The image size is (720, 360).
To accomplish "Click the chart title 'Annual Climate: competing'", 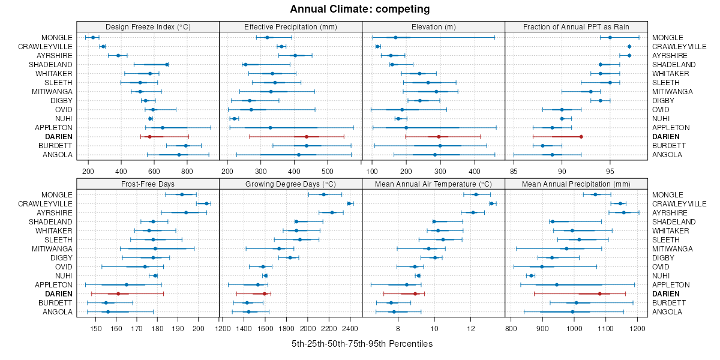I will click(360, 9).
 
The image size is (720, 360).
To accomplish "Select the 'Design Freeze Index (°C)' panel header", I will click(148, 26).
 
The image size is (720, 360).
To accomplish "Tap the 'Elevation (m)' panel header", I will click(433, 26).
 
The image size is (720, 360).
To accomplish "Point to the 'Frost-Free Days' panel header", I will click(148, 184).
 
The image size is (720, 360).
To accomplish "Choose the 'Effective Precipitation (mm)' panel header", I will click(290, 26).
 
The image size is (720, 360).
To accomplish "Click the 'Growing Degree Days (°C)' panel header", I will click(290, 184).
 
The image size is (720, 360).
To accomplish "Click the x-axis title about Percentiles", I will click(362, 344).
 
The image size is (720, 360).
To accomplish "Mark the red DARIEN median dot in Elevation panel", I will click(439, 137).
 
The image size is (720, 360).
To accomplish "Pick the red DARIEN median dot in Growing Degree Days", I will click(265, 293).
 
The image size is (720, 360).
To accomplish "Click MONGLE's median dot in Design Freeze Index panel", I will click(93, 37).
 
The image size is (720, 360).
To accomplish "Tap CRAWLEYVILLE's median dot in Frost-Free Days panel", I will click(206, 203).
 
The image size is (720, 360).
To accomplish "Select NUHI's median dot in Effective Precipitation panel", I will click(234, 118).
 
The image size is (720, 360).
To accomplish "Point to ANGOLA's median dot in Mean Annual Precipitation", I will click(572, 311).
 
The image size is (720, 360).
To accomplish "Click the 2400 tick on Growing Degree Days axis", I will click(350, 328).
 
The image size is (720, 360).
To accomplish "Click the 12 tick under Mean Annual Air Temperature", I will click(470, 328).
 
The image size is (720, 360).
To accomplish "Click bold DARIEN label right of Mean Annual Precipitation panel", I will click(666, 293).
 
